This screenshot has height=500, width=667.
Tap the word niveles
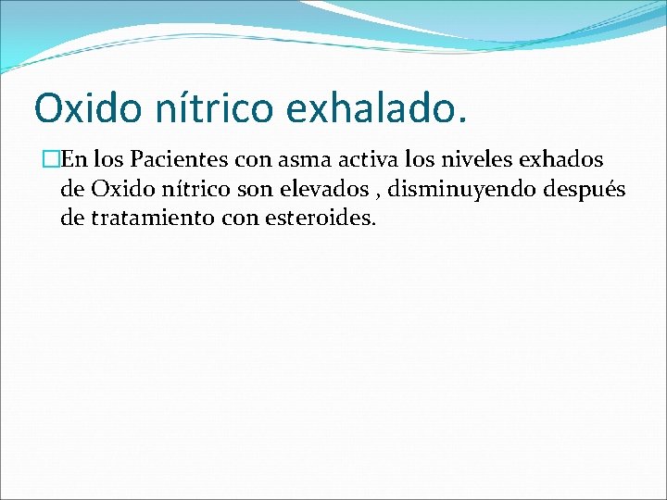coord(439,162)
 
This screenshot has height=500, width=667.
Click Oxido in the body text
coord(116,191)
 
